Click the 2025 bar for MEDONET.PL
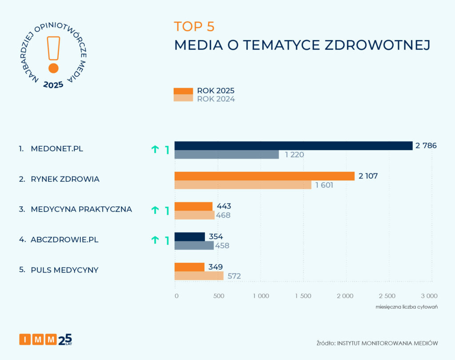(293, 146)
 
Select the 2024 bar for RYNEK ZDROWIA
(243, 185)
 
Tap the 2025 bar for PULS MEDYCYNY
(189, 267)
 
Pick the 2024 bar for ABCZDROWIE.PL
(194, 245)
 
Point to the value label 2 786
(426, 146)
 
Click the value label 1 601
(324, 185)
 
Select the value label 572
(234, 276)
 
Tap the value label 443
(224, 206)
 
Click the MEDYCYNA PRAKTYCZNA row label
(81, 209)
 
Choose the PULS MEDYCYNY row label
(64, 270)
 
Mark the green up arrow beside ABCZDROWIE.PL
(155, 240)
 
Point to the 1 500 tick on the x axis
(303, 296)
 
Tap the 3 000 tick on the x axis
(429, 296)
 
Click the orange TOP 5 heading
(194, 27)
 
